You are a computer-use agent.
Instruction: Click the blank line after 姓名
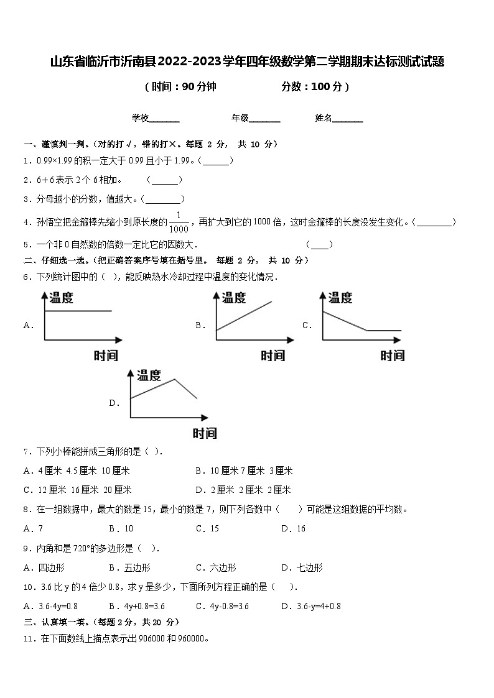point(348,119)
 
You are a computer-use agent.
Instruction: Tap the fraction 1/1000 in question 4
point(179,221)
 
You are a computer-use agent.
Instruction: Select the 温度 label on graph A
point(61,298)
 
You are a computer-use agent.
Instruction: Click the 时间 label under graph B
point(273,356)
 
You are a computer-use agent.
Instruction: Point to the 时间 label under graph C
point(392,356)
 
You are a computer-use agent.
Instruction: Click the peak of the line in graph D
point(174,379)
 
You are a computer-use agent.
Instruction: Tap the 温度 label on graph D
point(149,375)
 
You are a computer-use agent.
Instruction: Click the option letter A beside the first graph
point(27,325)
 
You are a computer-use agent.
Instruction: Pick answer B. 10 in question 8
point(121,529)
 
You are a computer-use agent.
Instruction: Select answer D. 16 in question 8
point(293,529)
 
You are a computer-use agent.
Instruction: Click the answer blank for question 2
point(165,181)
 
